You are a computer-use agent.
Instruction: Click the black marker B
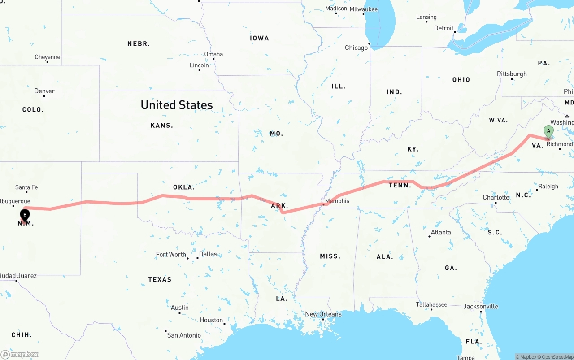tap(25, 215)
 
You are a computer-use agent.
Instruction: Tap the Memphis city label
tap(337, 201)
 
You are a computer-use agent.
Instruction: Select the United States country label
tap(177, 105)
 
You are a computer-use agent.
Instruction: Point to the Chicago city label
tap(356, 48)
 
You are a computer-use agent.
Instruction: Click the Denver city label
tap(44, 91)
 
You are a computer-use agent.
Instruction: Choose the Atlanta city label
tap(441, 232)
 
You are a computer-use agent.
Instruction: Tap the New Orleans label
tap(323, 314)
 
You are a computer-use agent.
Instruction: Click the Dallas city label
tap(208, 254)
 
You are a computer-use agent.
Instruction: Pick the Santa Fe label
tap(26, 187)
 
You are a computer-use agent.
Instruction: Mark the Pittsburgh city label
tap(512, 74)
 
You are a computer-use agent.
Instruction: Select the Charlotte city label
tap(496, 198)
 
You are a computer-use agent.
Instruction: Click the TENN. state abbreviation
tap(400, 185)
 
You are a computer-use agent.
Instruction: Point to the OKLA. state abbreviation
tap(184, 187)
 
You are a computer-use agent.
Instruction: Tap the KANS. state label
tap(162, 126)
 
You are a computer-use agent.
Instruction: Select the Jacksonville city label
tap(481, 307)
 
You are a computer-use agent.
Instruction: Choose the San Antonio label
tap(184, 335)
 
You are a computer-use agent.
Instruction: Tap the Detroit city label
tap(444, 28)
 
